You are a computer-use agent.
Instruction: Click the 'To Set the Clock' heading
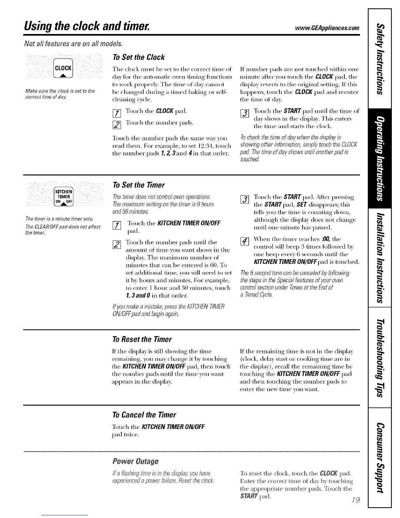(138, 57)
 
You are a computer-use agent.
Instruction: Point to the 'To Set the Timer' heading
(138, 185)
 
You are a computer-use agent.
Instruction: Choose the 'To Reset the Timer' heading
(142, 339)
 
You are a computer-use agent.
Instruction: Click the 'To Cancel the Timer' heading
(144, 415)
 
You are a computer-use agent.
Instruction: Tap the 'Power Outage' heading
(135, 461)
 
